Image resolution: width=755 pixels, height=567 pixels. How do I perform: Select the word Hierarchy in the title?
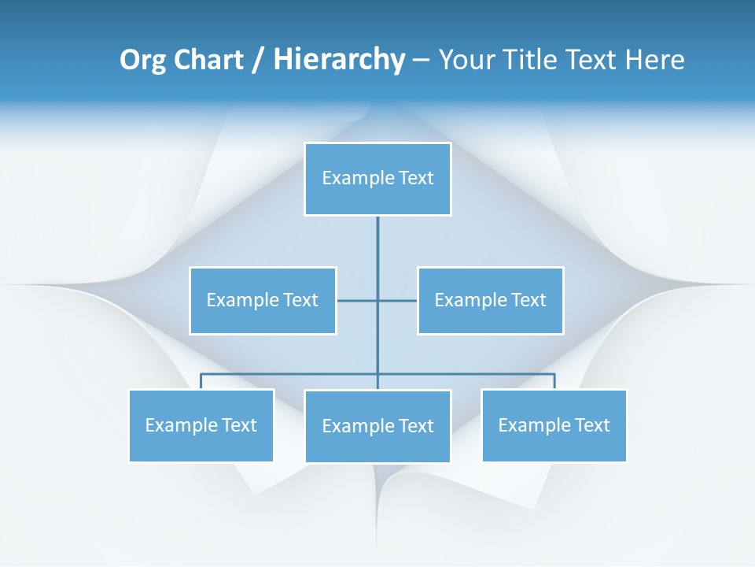(x=339, y=60)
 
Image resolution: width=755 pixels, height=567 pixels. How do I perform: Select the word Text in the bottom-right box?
(x=591, y=425)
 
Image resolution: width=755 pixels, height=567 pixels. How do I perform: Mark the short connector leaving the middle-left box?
(x=356, y=300)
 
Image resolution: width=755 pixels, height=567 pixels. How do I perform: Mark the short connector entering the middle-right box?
(x=398, y=300)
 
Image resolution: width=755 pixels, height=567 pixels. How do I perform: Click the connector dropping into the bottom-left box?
(x=201, y=381)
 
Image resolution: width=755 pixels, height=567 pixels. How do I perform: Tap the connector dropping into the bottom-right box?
(x=554, y=381)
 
